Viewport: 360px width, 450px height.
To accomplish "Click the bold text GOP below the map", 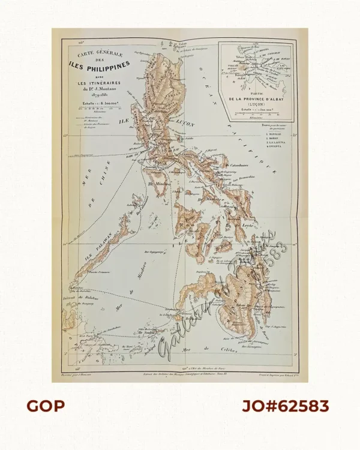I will [x=46, y=406].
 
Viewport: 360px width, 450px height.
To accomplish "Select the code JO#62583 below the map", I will [x=286, y=406].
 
